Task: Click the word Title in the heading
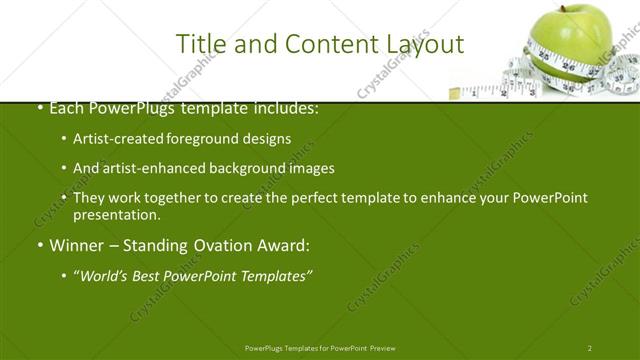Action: (x=199, y=44)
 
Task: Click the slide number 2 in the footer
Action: (x=590, y=347)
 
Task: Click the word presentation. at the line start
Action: (x=116, y=214)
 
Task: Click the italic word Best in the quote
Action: (x=155, y=275)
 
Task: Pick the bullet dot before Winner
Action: (x=39, y=245)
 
